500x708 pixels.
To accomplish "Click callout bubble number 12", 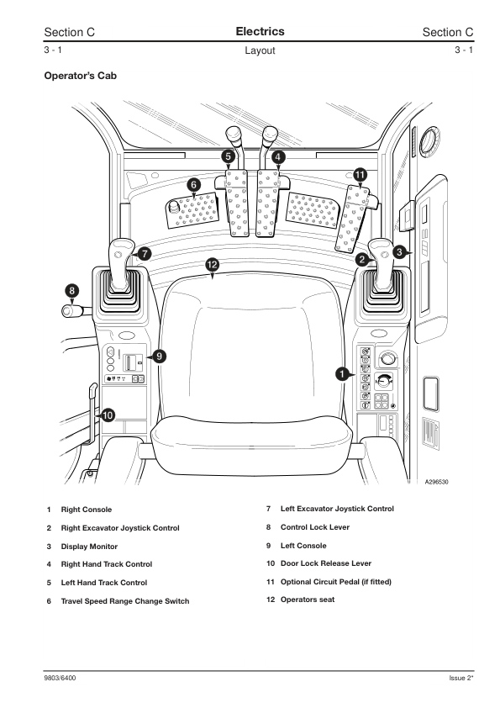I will (213, 265).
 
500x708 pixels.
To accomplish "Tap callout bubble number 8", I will (72, 291).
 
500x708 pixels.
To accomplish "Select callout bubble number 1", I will (343, 372).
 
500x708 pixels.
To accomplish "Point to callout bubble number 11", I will (360, 174).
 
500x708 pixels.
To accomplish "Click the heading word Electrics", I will (260, 32).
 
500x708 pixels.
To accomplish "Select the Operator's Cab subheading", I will (80, 76).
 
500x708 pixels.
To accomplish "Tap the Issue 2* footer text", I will (461, 679).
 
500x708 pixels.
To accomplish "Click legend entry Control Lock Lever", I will (314, 527).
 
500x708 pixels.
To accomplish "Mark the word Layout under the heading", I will (260, 50).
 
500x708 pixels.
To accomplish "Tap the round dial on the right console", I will (387, 360).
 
